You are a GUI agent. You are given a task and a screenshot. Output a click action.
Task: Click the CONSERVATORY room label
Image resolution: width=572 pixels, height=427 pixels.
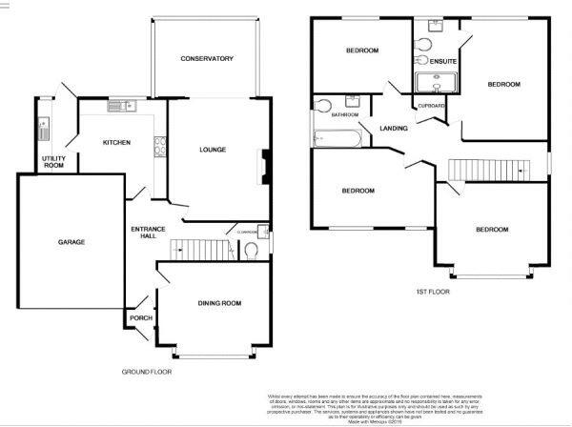[x=207, y=59]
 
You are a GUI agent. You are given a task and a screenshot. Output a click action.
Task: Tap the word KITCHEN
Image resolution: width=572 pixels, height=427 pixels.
[x=116, y=143]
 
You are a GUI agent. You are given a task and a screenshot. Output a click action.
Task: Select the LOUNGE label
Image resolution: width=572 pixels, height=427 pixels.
[x=212, y=150]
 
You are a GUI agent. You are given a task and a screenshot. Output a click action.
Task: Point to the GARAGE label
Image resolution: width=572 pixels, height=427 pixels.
[x=70, y=242]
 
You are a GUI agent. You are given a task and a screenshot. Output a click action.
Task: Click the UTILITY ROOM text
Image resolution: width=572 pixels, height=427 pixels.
[x=51, y=161]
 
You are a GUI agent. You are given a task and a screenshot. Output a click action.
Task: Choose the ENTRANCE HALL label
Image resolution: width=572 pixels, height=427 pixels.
[x=148, y=234]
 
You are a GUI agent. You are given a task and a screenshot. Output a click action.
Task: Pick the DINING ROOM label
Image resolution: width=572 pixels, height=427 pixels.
[x=219, y=303]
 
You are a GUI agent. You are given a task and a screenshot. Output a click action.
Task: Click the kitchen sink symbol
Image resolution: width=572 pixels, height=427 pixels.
[x=120, y=106]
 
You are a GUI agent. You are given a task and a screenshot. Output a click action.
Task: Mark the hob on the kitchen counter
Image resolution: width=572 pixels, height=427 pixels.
[x=159, y=147]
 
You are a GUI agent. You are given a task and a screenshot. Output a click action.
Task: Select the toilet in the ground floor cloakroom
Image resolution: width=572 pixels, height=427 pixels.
[x=252, y=251]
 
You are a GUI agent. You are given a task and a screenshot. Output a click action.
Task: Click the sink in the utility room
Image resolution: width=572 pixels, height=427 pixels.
[x=41, y=127]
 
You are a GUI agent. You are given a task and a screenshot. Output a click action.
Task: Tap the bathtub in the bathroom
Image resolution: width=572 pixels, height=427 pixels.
[x=337, y=138]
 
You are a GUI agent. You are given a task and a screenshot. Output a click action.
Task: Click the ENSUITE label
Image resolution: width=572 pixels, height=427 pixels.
[x=442, y=62]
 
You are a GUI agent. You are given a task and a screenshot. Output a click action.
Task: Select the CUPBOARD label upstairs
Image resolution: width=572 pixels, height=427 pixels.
[x=425, y=105]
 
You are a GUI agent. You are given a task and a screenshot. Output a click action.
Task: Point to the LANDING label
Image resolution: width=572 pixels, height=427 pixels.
[x=394, y=128]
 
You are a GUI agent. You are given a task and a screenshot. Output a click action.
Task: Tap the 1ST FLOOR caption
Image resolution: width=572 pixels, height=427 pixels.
[x=432, y=291]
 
